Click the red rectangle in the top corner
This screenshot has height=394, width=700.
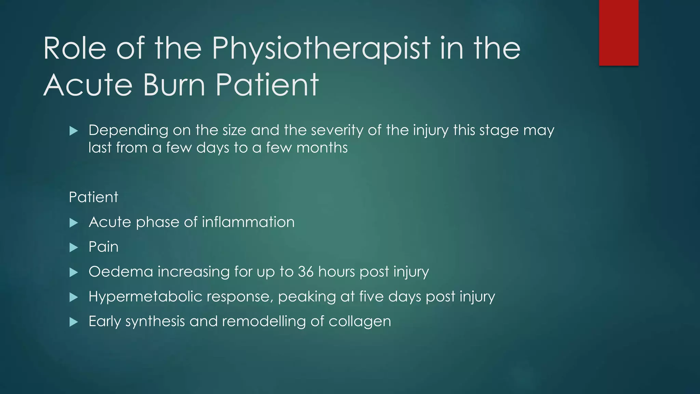pos(619,32)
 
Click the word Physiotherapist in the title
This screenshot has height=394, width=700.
pos(321,49)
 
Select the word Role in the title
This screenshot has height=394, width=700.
pos(75,49)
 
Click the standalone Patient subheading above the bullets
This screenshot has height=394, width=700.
pos(93,197)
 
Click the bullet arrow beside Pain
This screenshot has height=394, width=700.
pos(73,248)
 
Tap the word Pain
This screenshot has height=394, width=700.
pos(104,247)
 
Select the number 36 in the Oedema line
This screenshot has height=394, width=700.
pos(306,272)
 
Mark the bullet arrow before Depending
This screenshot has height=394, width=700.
pos(73,131)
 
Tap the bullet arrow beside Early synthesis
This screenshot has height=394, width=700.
pos(73,322)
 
